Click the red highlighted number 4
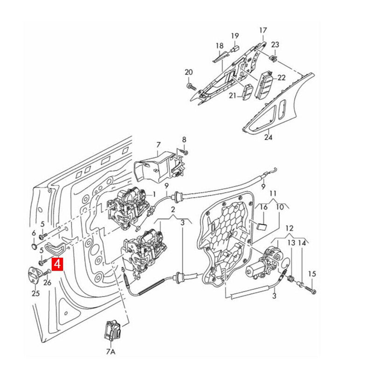(58, 264)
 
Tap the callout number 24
(268, 138)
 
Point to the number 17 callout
(263, 31)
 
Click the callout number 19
(235, 35)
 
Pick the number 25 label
(36, 293)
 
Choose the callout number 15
(312, 274)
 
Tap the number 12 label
(290, 228)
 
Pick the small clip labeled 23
(274, 58)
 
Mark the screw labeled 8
(185, 152)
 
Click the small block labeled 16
(262, 226)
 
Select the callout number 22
(282, 78)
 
